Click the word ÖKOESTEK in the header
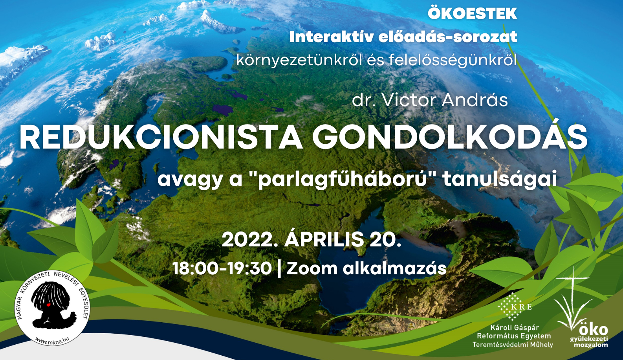click(472, 13)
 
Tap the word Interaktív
click(331, 37)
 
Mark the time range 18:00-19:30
click(222, 268)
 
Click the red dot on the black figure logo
click(48, 305)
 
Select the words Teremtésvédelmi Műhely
click(513, 345)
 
